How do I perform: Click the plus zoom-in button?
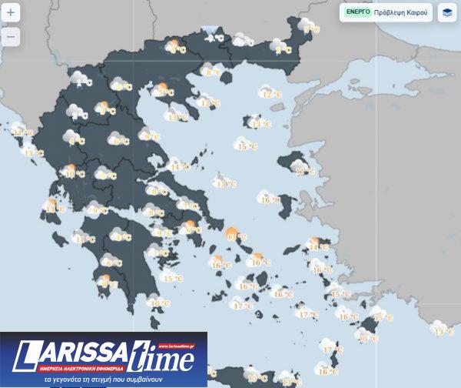[11, 13]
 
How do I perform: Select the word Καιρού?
[422, 13]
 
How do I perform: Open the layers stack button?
[446, 13]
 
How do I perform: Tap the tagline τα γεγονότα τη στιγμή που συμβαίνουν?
[103, 380]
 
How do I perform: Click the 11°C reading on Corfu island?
[24, 132]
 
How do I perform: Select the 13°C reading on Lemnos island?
[260, 124]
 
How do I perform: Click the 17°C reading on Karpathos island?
[333, 350]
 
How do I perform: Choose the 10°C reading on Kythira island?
[159, 303]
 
